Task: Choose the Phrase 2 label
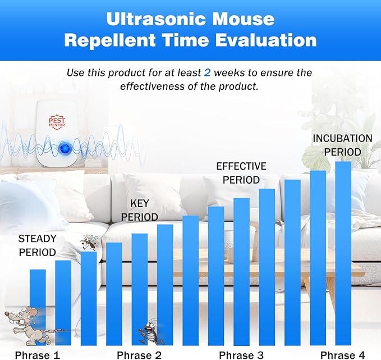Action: point(139,354)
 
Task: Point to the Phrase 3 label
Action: point(241,354)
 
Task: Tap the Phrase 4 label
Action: point(342,354)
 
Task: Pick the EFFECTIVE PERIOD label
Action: point(241,173)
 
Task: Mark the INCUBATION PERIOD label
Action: point(342,144)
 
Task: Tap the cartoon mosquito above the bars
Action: point(88,242)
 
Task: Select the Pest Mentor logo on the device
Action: point(57,121)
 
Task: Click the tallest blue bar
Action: point(343,253)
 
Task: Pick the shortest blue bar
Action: point(38,307)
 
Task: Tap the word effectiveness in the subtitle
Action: point(152,86)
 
